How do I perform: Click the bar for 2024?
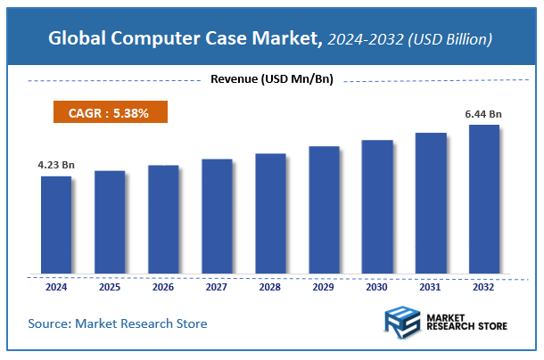tap(55, 225)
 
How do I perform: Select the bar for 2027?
tap(217, 217)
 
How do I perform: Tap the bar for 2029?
tap(324, 209)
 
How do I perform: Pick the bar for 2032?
tap(484, 199)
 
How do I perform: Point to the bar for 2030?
tap(377, 207)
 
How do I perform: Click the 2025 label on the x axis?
tap(110, 287)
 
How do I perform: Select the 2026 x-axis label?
tap(163, 287)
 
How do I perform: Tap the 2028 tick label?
tap(270, 287)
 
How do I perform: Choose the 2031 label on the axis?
tap(431, 287)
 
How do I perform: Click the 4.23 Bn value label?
tap(55, 165)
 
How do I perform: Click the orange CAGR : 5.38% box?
tap(109, 113)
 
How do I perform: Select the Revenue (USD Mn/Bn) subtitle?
tap(271, 79)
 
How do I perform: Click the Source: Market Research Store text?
tap(118, 323)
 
